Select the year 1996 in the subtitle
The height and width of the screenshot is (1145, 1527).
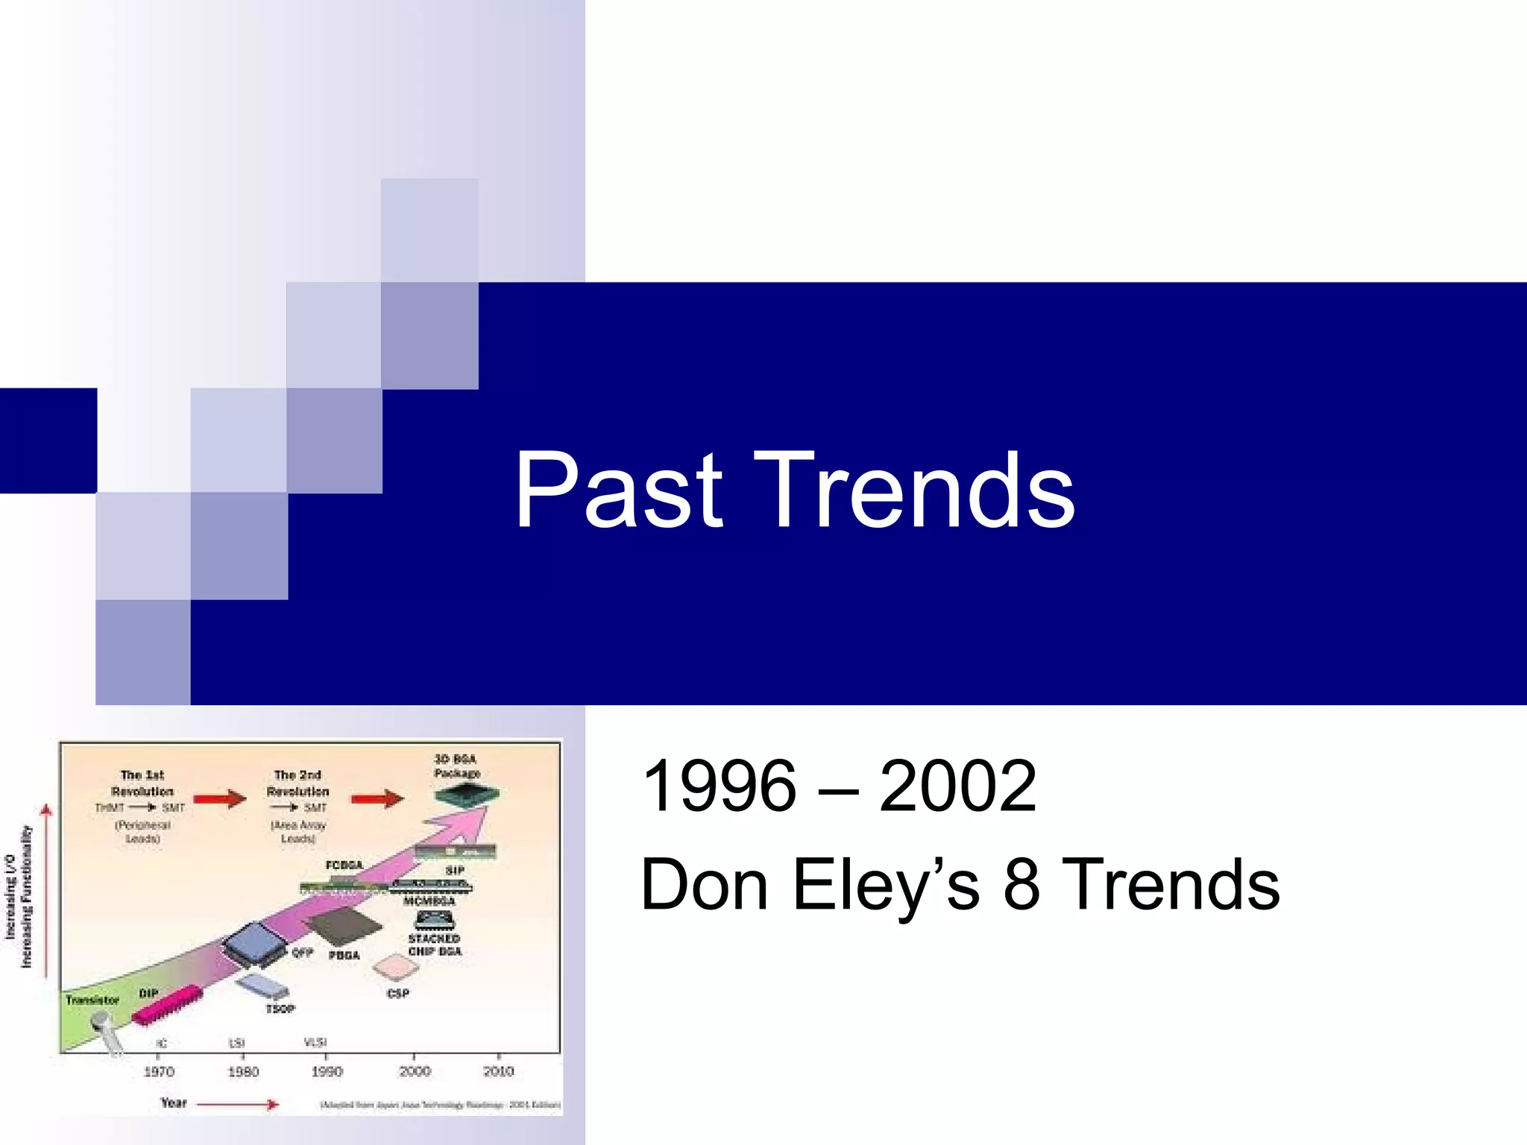point(719,786)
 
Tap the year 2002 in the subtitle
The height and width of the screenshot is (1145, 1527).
point(957,786)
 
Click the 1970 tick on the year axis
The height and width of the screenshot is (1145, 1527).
point(158,1071)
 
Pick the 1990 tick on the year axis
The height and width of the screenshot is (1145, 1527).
point(327,1071)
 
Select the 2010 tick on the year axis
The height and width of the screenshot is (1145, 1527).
point(498,1071)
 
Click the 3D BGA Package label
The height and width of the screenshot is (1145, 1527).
point(456,766)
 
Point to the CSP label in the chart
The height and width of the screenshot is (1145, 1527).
point(398,994)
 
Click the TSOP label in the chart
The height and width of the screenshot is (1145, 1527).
point(280,1009)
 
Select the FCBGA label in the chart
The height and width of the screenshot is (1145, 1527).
point(344,865)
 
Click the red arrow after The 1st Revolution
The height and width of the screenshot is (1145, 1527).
point(219,800)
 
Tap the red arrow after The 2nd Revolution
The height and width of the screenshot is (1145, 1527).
point(377,800)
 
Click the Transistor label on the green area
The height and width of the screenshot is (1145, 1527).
point(92,1000)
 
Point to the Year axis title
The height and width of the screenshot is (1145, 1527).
point(174,1103)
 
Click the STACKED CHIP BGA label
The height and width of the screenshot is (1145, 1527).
point(435,944)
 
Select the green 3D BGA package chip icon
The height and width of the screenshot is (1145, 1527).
point(467,797)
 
